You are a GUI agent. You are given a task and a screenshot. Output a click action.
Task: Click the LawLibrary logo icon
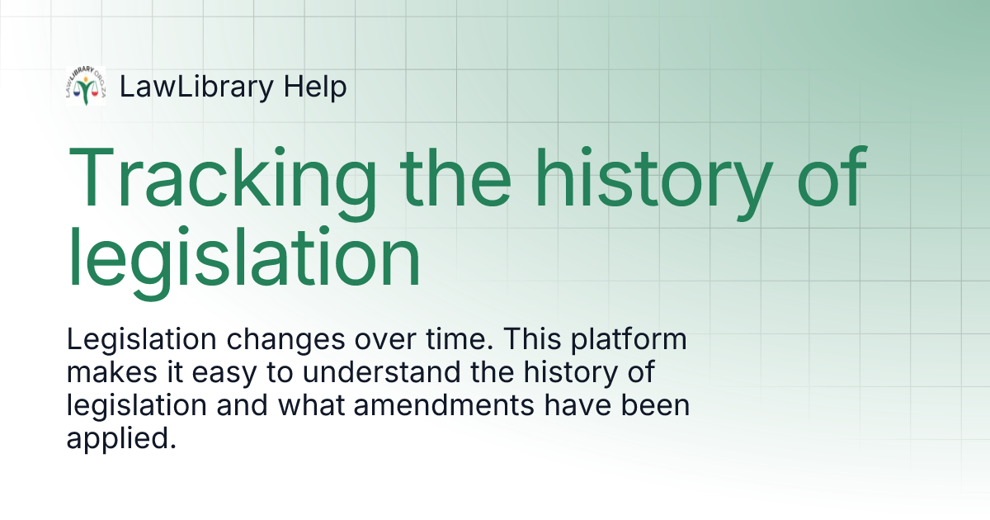[x=86, y=87]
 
